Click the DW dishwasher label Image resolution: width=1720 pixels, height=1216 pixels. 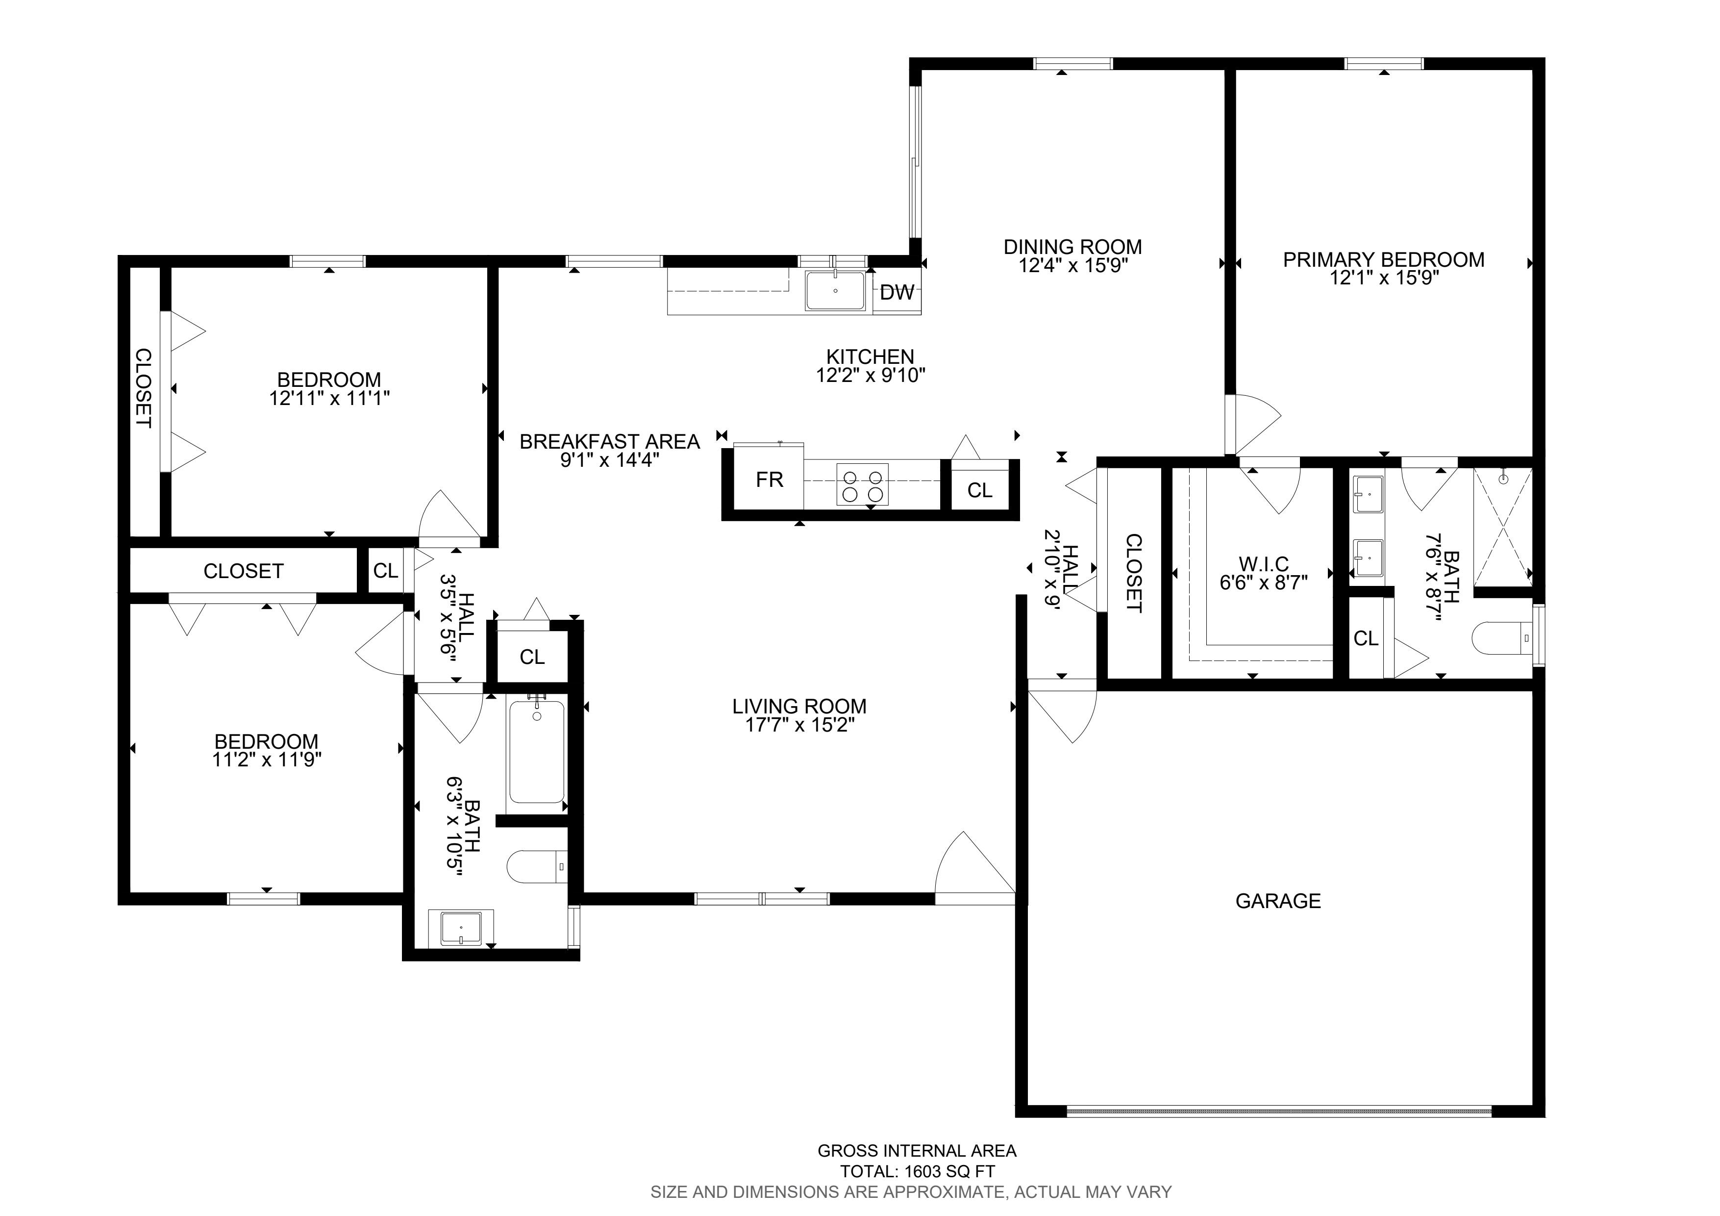click(x=897, y=292)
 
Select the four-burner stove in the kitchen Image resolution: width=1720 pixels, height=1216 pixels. click(x=862, y=484)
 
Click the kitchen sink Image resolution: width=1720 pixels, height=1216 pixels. click(x=835, y=291)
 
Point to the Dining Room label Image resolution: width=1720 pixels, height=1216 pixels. click(x=1073, y=247)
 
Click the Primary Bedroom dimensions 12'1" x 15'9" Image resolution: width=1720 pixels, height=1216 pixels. click(x=1384, y=279)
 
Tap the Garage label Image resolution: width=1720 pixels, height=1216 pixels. click(x=1278, y=901)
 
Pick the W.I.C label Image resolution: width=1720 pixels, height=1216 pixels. click(x=1263, y=563)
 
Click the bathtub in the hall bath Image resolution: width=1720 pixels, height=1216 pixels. click(x=536, y=752)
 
